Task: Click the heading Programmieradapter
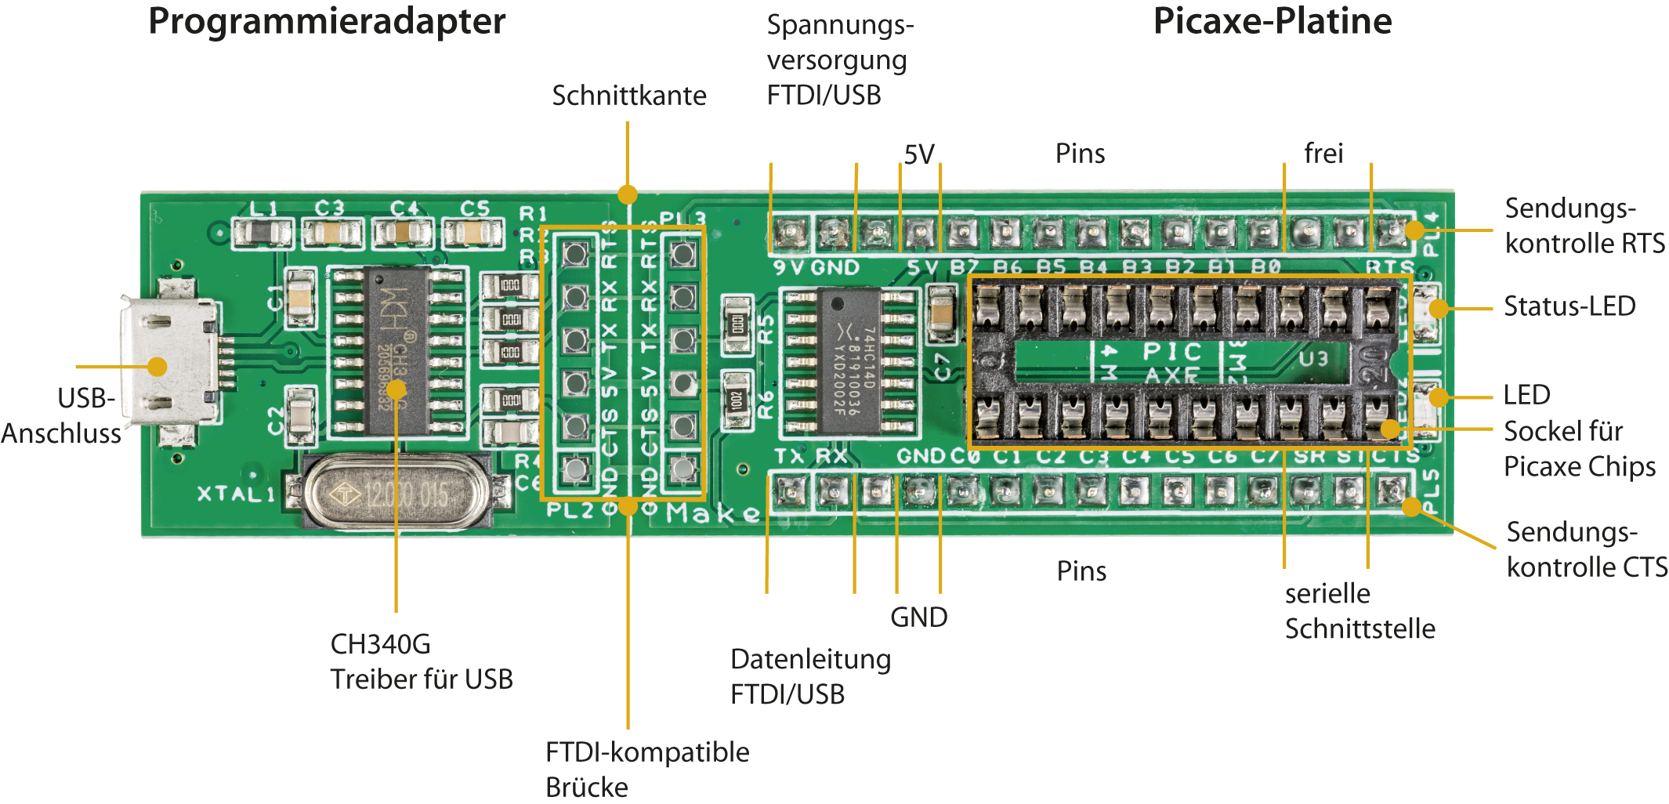(x=327, y=21)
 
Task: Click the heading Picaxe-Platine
(x=1272, y=21)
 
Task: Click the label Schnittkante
(x=629, y=96)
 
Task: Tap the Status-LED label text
(x=1569, y=306)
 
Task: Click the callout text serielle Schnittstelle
(x=1359, y=610)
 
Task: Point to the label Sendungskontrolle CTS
(x=1587, y=549)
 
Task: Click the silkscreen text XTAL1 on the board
(x=236, y=494)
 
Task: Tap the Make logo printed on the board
(x=713, y=513)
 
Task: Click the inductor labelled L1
(x=264, y=232)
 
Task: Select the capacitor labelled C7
(x=941, y=312)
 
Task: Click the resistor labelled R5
(x=737, y=323)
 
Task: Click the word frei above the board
(x=1323, y=153)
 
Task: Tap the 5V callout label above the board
(x=919, y=154)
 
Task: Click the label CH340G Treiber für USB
(x=421, y=661)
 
